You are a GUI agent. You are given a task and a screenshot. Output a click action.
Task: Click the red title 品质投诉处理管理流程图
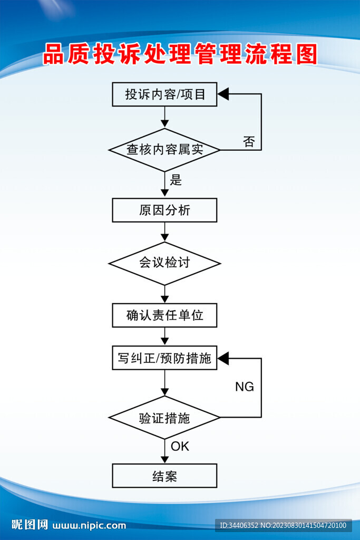(180, 54)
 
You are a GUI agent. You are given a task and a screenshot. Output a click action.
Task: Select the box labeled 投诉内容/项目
(164, 94)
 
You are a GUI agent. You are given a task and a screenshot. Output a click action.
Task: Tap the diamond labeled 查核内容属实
(164, 150)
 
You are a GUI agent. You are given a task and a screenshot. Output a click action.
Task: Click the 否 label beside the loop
(249, 141)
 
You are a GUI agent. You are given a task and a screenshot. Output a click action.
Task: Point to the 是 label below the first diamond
(176, 180)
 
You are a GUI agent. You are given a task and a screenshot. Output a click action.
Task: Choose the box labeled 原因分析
(164, 210)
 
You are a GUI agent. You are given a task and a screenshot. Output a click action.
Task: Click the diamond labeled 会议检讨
(164, 263)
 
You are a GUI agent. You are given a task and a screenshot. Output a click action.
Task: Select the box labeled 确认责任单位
(164, 315)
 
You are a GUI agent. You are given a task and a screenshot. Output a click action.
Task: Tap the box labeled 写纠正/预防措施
(164, 358)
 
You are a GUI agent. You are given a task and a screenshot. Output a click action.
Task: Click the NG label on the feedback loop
(244, 387)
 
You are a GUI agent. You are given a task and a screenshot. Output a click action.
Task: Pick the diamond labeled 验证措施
(164, 418)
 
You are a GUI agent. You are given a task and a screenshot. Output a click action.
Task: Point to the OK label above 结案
(180, 447)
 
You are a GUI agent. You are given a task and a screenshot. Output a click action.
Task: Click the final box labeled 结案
(164, 476)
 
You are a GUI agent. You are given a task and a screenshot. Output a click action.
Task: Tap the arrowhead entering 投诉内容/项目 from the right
(223, 94)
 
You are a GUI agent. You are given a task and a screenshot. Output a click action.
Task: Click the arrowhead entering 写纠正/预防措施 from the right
(223, 359)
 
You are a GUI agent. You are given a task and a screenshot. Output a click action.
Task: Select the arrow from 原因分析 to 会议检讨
(164, 232)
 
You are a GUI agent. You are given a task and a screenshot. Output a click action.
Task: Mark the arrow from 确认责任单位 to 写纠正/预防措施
(164, 336)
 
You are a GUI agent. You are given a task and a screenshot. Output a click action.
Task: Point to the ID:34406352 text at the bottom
(238, 525)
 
